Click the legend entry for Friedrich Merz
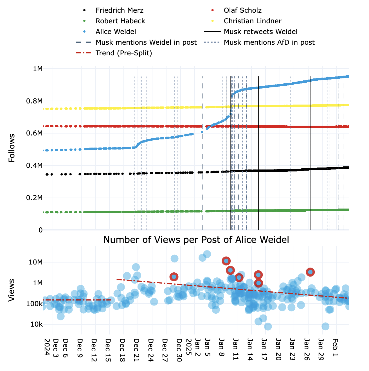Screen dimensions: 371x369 [119, 10]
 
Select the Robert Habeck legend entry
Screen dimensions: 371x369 [120, 21]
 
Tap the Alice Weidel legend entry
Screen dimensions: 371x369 [116, 32]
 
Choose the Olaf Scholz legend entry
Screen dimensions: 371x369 [242, 10]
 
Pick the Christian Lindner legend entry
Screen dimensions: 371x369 [252, 21]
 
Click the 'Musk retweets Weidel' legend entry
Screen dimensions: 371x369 [260, 32]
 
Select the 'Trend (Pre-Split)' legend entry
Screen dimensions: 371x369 [123, 53]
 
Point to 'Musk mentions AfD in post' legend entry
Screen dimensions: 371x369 [269, 42]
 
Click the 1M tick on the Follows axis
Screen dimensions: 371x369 [38, 69]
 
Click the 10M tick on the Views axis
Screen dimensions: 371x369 [36, 262]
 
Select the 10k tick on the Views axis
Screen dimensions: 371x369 [37, 324]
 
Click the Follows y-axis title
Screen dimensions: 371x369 [12, 148]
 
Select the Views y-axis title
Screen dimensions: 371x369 [12, 290]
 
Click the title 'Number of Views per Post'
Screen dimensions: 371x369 [196, 240]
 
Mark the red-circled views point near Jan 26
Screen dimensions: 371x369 [310, 272]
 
